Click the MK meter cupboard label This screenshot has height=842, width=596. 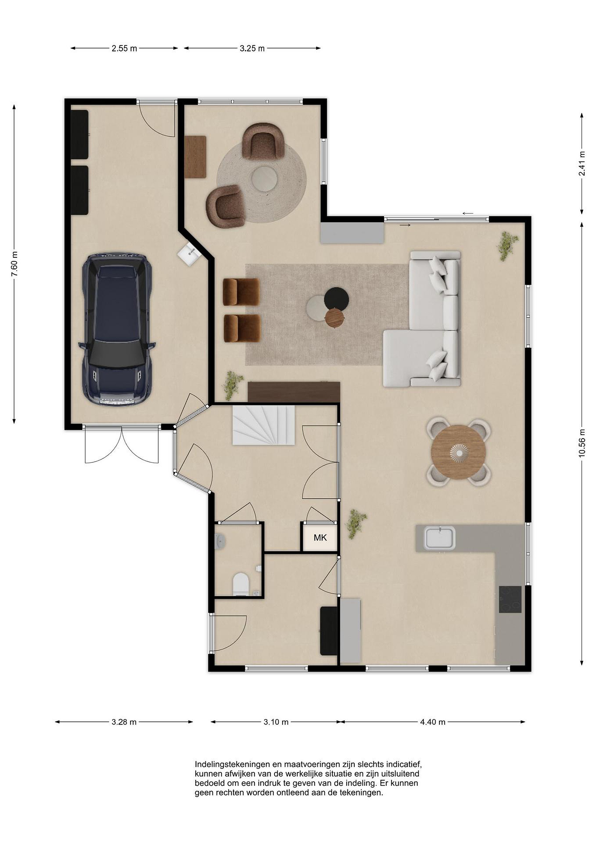[320, 538]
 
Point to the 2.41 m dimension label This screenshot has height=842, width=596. [582, 163]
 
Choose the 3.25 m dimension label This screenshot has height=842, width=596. [252, 48]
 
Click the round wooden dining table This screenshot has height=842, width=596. [458, 452]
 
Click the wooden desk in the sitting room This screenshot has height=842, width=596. [195, 157]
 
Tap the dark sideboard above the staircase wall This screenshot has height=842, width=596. [294, 392]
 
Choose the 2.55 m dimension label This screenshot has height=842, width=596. [124, 48]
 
